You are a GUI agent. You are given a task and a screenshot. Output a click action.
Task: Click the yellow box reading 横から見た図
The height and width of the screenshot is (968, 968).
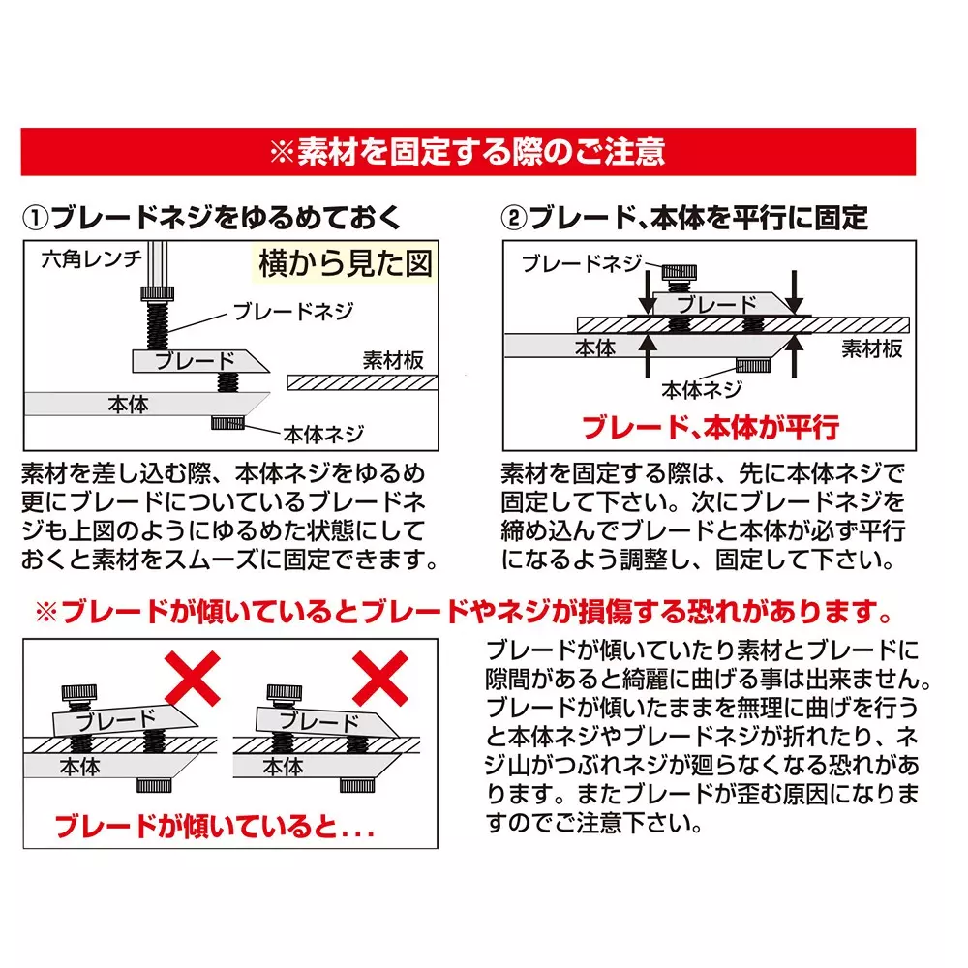[345, 263]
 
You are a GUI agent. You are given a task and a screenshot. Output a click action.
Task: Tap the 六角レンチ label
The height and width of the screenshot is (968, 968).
[92, 258]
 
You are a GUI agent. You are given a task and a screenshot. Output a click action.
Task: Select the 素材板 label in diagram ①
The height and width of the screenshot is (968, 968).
[393, 360]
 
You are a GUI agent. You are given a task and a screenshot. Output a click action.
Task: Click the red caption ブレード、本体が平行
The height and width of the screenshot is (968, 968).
[710, 427]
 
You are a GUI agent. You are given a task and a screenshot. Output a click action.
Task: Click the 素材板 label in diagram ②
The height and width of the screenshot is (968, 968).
[871, 348]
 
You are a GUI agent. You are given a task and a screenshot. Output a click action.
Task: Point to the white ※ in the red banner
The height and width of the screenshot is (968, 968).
[281, 152]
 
